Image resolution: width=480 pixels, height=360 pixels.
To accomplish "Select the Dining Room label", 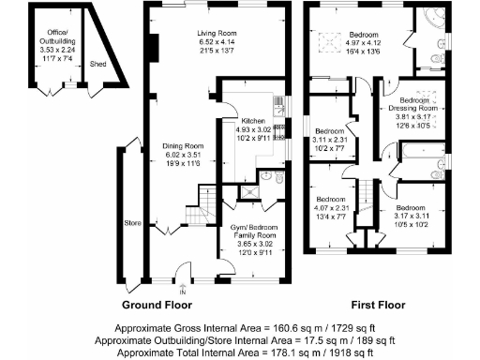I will (181, 146).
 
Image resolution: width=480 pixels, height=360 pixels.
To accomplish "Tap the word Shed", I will (97, 64).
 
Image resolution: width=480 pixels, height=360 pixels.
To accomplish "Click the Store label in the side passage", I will (133, 223).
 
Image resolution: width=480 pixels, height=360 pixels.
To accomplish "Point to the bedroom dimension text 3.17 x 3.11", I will (412, 216).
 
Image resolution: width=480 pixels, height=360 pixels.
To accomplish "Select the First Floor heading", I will (384, 306).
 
